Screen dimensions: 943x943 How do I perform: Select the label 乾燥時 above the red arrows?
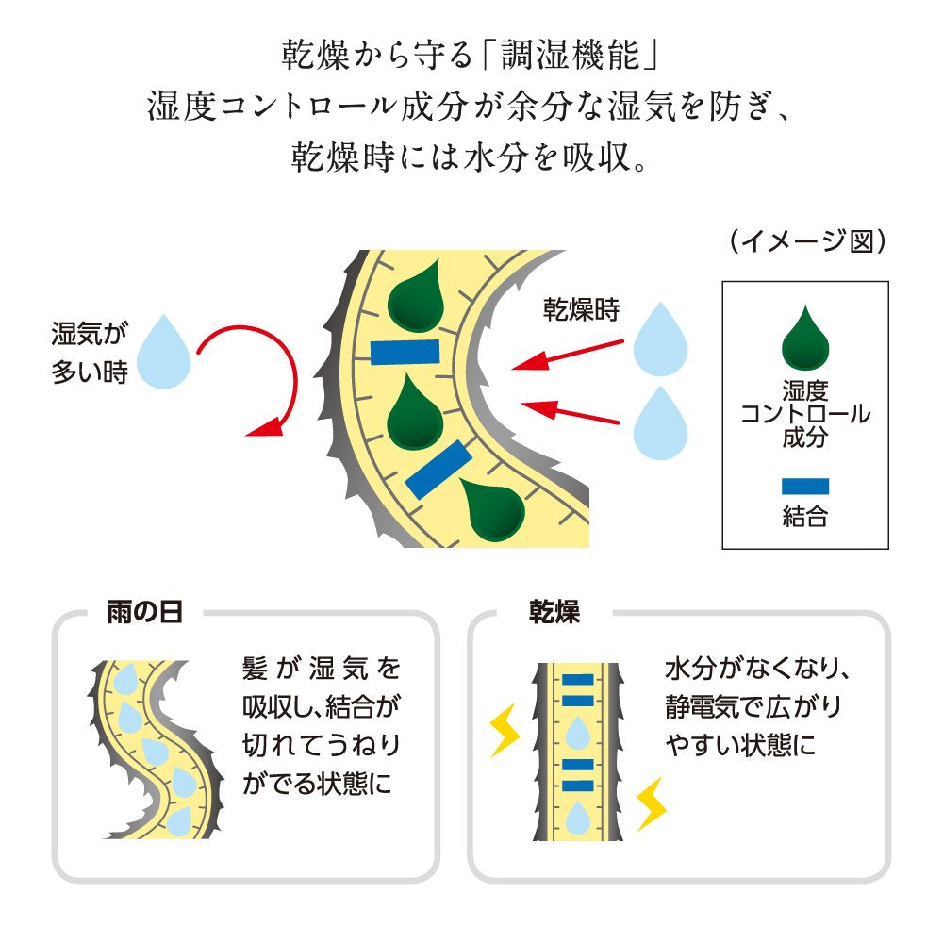(x=580, y=310)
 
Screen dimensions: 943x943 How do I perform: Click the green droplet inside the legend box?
(x=804, y=339)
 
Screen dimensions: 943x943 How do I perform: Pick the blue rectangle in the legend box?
(x=804, y=487)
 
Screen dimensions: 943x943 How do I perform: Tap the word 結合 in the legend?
(x=804, y=516)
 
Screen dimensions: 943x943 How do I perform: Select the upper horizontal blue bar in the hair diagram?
(x=405, y=352)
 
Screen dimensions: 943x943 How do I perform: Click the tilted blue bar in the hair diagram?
(x=438, y=469)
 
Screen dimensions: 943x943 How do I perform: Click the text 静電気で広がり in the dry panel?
(x=752, y=706)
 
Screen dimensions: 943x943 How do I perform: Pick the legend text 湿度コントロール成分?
(x=804, y=414)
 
